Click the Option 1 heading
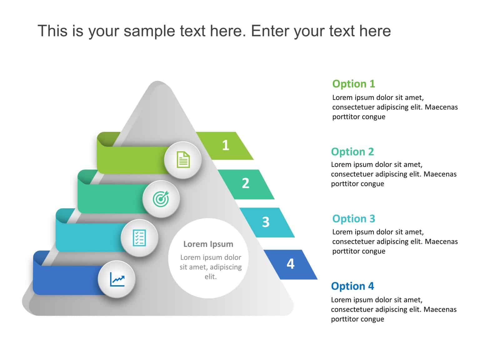click(353, 84)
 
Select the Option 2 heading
click(352, 152)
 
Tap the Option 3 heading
click(353, 219)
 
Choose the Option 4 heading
click(352, 286)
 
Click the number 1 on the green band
click(226, 145)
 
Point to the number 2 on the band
click(246, 183)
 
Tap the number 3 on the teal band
click(266, 222)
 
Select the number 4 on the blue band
click(291, 264)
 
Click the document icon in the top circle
click(183, 160)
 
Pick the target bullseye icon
click(161, 199)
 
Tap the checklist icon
click(139, 238)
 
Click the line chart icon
click(117, 279)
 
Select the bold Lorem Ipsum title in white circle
click(208, 244)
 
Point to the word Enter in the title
click(270, 31)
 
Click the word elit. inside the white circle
click(210, 277)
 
